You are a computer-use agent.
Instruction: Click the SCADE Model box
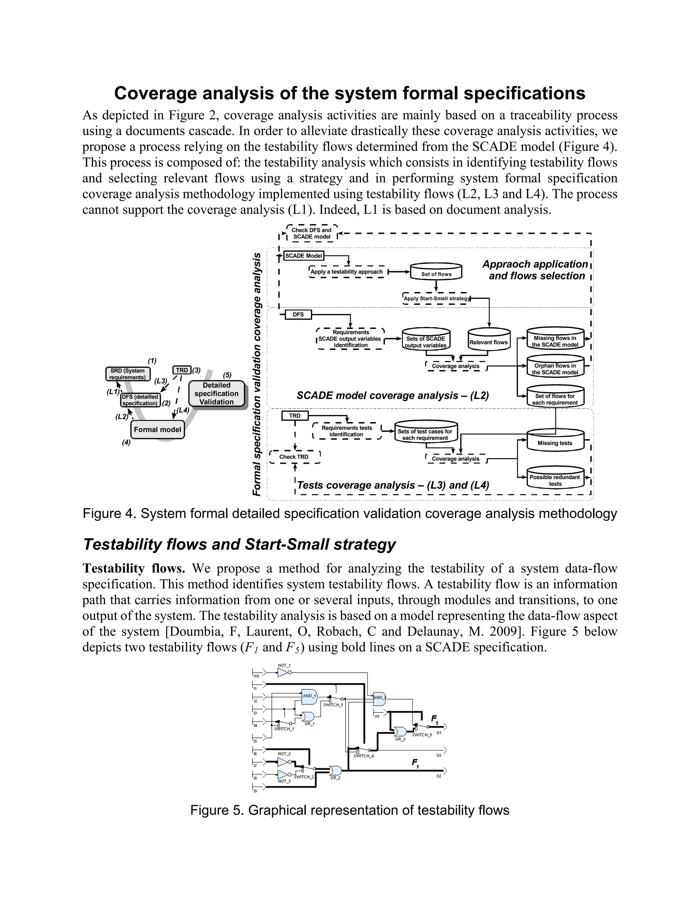(304, 256)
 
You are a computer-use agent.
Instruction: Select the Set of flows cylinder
(436, 272)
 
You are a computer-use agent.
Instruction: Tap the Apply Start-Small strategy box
(436, 298)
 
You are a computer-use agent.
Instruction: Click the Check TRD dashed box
(294, 457)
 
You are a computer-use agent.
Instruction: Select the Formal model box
(157, 430)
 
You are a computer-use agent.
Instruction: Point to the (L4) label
(183, 410)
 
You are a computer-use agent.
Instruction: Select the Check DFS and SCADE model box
(312, 233)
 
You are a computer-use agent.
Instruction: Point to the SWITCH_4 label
(364, 756)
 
